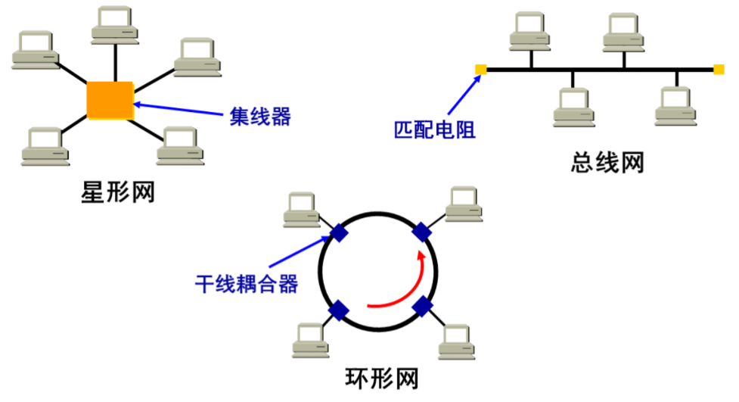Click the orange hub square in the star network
point(110,99)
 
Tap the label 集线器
point(260,117)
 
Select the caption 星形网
point(117,192)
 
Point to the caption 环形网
point(381,378)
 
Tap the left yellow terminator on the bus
point(480,70)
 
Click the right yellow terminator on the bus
point(718,70)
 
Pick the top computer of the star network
point(115,23)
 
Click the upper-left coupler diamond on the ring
point(340,232)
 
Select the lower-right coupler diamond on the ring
point(422,307)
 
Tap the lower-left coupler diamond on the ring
point(339,310)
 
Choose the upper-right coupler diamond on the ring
point(421,232)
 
